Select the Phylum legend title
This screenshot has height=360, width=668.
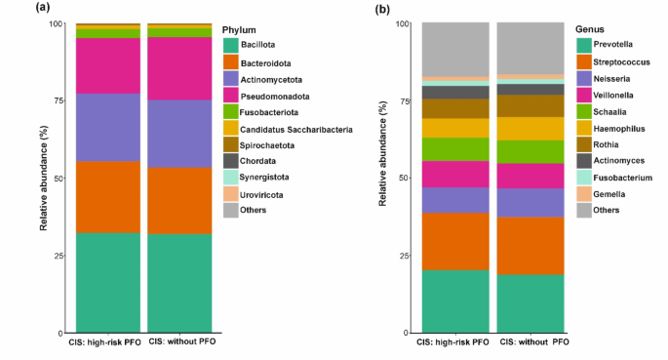pos(240,29)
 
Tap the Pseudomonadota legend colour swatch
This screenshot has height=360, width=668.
pos(230,96)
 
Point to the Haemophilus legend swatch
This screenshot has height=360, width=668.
pos(582,127)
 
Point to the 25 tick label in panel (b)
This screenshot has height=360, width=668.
pos(403,256)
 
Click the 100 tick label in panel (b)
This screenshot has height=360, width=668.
pos(401,23)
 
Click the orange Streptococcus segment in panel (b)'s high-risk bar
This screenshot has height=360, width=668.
pos(455,240)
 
